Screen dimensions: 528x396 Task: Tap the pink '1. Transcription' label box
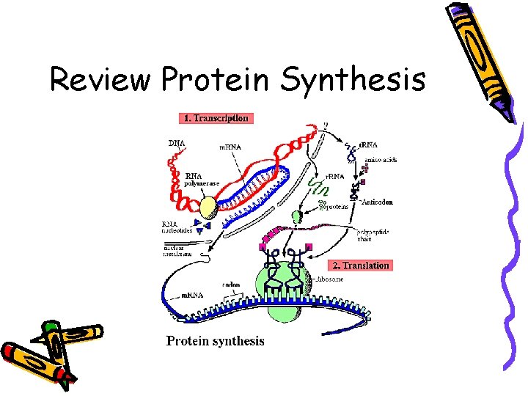(x=215, y=117)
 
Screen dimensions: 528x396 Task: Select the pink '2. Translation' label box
(x=360, y=265)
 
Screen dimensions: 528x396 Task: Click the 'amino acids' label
(x=381, y=160)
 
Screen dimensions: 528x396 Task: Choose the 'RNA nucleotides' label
(x=177, y=227)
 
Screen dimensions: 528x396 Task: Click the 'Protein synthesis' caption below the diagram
(x=215, y=340)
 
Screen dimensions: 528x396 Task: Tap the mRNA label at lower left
(x=191, y=294)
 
